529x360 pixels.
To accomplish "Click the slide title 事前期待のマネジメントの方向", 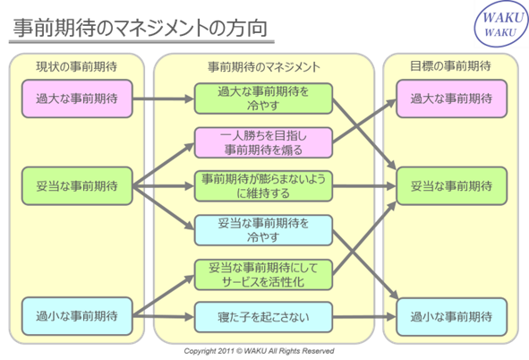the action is click(140, 28).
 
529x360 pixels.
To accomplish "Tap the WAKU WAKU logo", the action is click(501, 23).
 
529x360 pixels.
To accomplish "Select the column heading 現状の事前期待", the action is click(77, 66).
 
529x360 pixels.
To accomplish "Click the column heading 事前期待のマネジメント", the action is click(263, 67).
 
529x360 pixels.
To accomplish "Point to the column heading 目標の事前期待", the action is click(450, 65).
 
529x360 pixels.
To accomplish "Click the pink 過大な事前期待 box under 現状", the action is click(77, 99).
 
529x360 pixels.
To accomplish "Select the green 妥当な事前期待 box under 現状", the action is click(77, 186).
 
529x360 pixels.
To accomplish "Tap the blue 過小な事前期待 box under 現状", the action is click(77, 316).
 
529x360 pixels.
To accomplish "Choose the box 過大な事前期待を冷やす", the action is click(263, 99).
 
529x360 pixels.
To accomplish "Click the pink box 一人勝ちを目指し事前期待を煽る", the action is click(263, 142).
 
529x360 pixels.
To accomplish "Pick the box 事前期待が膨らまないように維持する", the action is click(263, 186).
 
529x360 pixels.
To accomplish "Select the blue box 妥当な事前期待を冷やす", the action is click(263, 230).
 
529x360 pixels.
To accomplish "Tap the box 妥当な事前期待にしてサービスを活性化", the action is click(263, 275).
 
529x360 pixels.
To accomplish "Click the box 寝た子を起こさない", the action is click(263, 317).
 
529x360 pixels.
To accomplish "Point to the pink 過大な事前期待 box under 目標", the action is click(451, 99).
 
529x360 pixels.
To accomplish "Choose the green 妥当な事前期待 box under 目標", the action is click(451, 186).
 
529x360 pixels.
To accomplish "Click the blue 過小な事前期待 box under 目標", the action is click(451, 317).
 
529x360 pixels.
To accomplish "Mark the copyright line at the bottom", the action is click(259, 351).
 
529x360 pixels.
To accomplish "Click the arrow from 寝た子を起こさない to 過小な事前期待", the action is click(364, 317).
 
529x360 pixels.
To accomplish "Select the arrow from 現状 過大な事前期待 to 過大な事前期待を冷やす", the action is click(163, 99).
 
